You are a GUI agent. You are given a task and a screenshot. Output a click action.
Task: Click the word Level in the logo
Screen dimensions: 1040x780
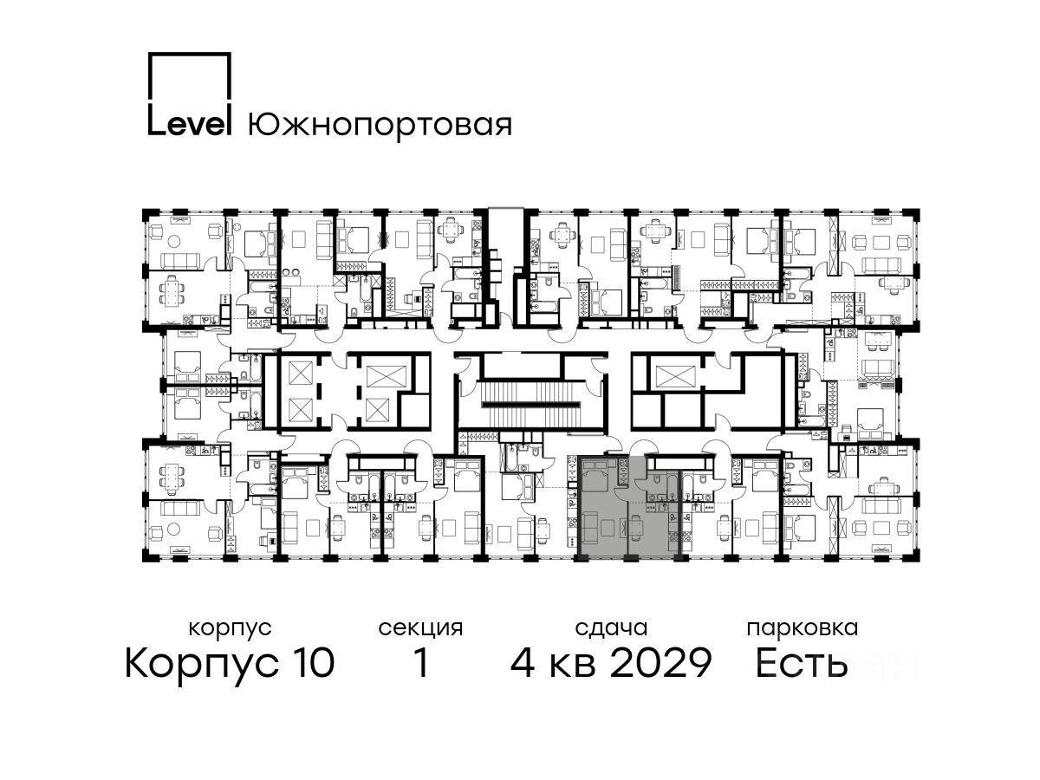click(x=189, y=124)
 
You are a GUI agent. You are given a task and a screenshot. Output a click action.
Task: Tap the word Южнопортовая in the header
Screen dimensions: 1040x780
click(x=380, y=126)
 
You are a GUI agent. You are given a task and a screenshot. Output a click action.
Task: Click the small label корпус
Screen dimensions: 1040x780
click(x=230, y=629)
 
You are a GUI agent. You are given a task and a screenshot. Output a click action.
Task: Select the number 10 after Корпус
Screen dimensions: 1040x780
click(x=312, y=662)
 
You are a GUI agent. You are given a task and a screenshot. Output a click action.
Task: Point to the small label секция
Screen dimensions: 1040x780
click(x=420, y=629)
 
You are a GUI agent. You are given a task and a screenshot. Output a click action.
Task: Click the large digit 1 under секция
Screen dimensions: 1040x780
click(x=420, y=662)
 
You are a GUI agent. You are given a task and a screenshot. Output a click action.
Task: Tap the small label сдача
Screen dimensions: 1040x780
click(x=611, y=629)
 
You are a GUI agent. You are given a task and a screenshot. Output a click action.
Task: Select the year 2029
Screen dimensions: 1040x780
click(x=661, y=662)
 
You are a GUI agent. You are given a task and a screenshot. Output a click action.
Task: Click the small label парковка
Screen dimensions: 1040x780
click(x=803, y=629)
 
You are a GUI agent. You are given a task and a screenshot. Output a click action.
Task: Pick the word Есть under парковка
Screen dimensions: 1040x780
click(x=801, y=662)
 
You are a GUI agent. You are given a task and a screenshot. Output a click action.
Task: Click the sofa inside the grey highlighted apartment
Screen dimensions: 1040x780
click(x=589, y=527)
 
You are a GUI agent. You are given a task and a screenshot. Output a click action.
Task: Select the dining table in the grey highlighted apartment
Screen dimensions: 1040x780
click(x=635, y=527)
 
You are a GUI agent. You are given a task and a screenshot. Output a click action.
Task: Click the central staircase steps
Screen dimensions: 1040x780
click(x=531, y=404)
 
